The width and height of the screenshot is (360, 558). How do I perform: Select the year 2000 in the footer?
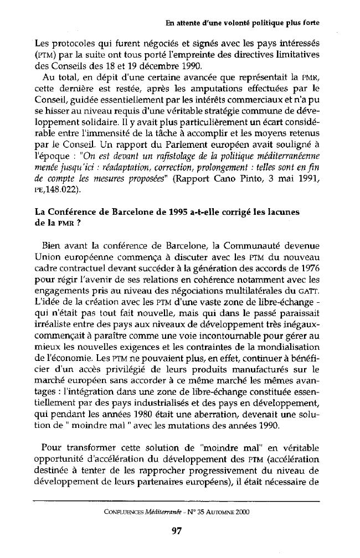coord(240,512)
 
